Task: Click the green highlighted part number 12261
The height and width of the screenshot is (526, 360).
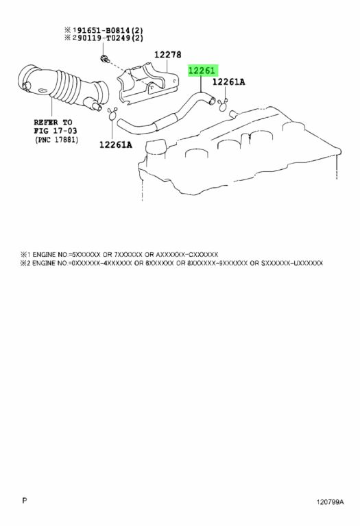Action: point(203,71)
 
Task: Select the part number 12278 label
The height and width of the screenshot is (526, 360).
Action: point(168,54)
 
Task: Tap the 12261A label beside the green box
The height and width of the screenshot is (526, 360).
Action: point(229,82)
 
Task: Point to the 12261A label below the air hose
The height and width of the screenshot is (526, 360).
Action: point(115,145)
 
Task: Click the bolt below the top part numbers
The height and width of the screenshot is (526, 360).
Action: point(104,60)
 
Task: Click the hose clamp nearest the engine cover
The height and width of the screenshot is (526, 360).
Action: point(223,105)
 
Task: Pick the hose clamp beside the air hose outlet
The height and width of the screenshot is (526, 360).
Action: point(112,114)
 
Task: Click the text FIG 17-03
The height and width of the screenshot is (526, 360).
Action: point(56,131)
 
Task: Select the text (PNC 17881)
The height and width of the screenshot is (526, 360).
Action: point(56,140)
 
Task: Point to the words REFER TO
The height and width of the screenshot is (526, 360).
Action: point(53,122)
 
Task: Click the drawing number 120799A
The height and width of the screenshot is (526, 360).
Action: point(330,502)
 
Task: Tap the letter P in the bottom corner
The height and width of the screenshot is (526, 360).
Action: point(24,501)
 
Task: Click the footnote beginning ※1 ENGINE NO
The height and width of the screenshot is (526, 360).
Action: point(119,255)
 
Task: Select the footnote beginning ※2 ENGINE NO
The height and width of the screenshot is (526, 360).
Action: point(171,263)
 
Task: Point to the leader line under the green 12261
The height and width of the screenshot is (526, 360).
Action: point(201,84)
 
